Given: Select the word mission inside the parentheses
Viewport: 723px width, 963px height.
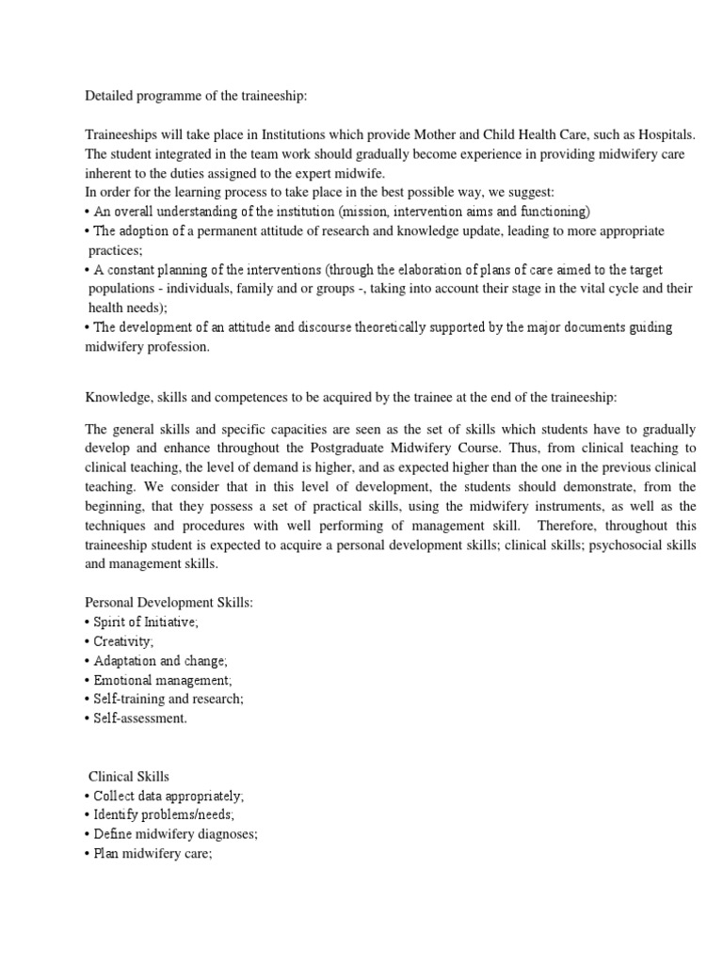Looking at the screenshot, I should click(376, 211).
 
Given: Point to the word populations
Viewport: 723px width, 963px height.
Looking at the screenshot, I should click(126, 290).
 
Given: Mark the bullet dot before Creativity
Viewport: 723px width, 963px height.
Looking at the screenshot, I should click(88, 640).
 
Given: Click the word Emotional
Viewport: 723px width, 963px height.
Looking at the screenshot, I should click(124, 680).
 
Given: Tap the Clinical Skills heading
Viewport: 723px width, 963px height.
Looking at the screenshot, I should click(129, 777).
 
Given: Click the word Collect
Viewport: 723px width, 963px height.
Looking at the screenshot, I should click(115, 796).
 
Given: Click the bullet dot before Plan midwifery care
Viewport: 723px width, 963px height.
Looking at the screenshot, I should click(88, 854).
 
